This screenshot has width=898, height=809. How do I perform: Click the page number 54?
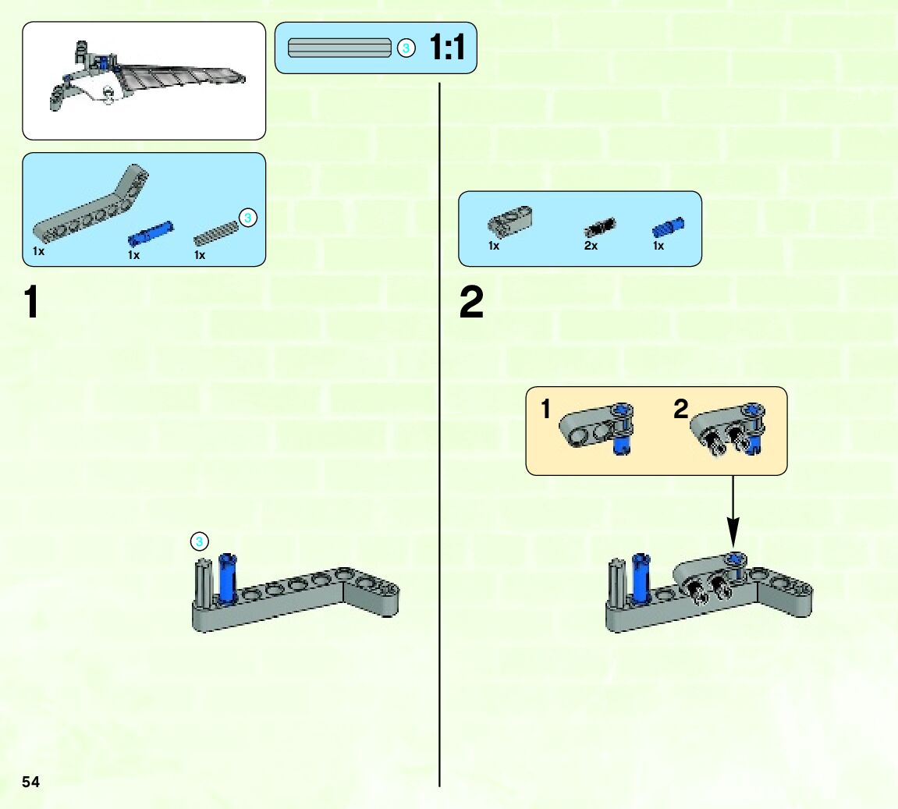tap(30, 782)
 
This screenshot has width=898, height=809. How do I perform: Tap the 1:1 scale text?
tap(447, 48)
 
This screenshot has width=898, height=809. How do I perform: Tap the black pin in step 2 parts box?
tap(599, 226)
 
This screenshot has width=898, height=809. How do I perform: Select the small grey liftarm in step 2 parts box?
tap(510, 221)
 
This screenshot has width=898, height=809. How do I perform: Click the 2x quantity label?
tap(591, 246)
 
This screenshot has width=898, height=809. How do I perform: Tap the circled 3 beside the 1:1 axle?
tap(405, 48)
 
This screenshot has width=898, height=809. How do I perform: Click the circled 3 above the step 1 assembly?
tap(200, 541)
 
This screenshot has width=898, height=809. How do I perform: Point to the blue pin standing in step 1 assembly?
tap(227, 577)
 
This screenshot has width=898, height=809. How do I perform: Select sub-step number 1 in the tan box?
tap(546, 408)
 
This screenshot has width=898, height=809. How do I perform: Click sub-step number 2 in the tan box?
tap(681, 408)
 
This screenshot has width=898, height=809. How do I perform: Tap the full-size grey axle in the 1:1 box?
tap(339, 48)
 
